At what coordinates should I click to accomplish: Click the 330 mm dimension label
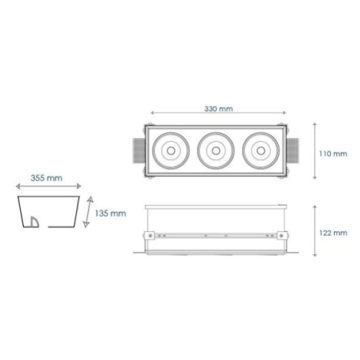click(218, 109)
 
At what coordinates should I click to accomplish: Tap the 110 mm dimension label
click(333, 154)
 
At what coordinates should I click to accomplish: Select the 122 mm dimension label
click(333, 233)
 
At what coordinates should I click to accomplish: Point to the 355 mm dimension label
click(47, 178)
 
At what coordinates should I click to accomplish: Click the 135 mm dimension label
click(110, 214)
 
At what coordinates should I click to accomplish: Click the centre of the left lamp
click(171, 151)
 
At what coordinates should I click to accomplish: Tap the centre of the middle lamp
click(216, 151)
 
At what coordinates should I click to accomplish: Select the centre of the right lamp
click(260, 151)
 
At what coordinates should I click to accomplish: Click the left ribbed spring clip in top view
click(139, 151)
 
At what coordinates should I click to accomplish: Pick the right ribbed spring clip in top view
click(293, 151)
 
